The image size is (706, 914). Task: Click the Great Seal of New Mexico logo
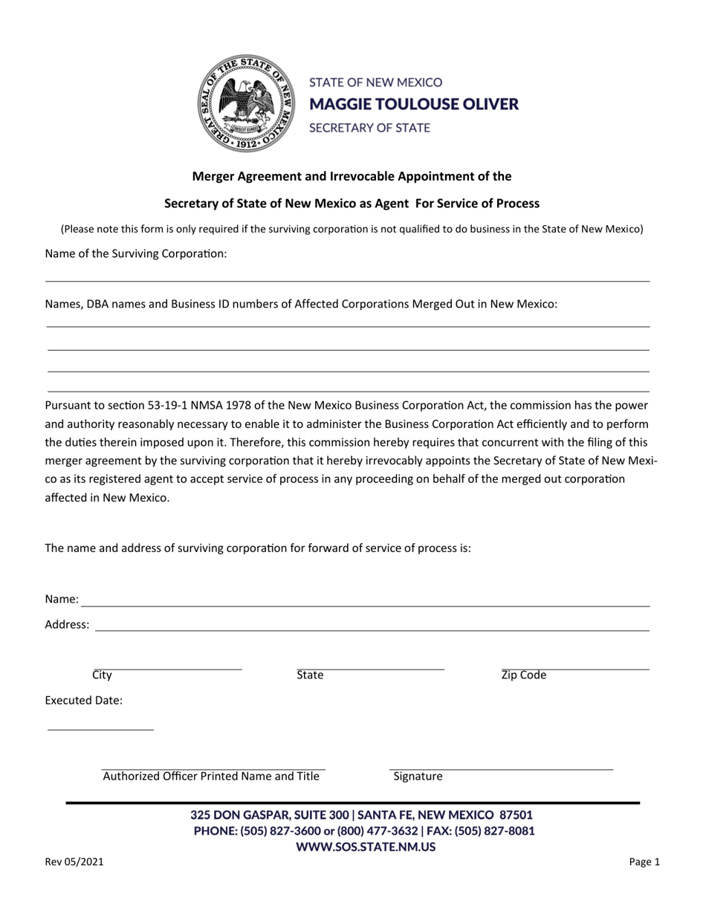(x=245, y=104)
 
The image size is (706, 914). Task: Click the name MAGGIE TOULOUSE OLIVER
(x=413, y=104)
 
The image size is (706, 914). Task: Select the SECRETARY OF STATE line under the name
(x=369, y=128)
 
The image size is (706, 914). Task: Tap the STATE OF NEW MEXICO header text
(x=375, y=82)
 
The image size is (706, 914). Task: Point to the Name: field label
(x=62, y=599)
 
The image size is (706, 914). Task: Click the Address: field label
(x=67, y=625)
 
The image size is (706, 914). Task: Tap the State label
(x=310, y=675)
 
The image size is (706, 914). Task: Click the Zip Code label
(x=524, y=675)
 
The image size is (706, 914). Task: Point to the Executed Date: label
(x=84, y=701)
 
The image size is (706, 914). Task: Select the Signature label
(x=418, y=777)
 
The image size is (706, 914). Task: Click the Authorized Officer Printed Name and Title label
(x=211, y=777)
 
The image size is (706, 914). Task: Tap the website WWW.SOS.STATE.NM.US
(x=366, y=846)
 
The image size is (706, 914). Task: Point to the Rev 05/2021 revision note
(x=74, y=863)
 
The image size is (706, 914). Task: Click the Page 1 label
(x=644, y=863)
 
